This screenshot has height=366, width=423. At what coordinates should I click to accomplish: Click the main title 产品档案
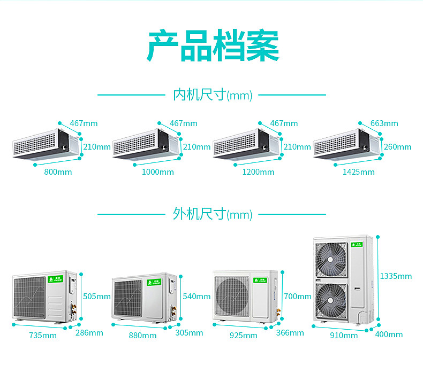[213, 47]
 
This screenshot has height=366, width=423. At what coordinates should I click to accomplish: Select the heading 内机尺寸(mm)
[212, 95]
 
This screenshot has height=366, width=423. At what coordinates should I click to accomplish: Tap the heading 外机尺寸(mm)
[212, 214]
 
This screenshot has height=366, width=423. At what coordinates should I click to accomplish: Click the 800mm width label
[58, 172]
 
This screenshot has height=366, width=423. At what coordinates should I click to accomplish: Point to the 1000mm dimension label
[158, 172]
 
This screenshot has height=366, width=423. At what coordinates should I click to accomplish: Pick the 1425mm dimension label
[359, 172]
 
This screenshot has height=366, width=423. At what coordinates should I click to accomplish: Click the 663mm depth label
[384, 123]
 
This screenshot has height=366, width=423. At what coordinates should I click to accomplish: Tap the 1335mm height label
[396, 276]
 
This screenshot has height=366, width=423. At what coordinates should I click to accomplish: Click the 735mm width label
[43, 336]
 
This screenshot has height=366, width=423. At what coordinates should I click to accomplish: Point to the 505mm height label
[96, 297]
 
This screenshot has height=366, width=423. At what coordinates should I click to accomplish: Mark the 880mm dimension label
[142, 336]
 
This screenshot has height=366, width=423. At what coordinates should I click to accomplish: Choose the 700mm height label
[298, 297]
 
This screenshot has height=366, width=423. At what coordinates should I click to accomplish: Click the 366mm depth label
[290, 333]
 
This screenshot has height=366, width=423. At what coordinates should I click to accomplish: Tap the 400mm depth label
[389, 334]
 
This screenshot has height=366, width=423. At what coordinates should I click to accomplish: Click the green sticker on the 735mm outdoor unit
[55, 279]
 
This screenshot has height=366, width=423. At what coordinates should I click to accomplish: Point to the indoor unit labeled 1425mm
[346, 144]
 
